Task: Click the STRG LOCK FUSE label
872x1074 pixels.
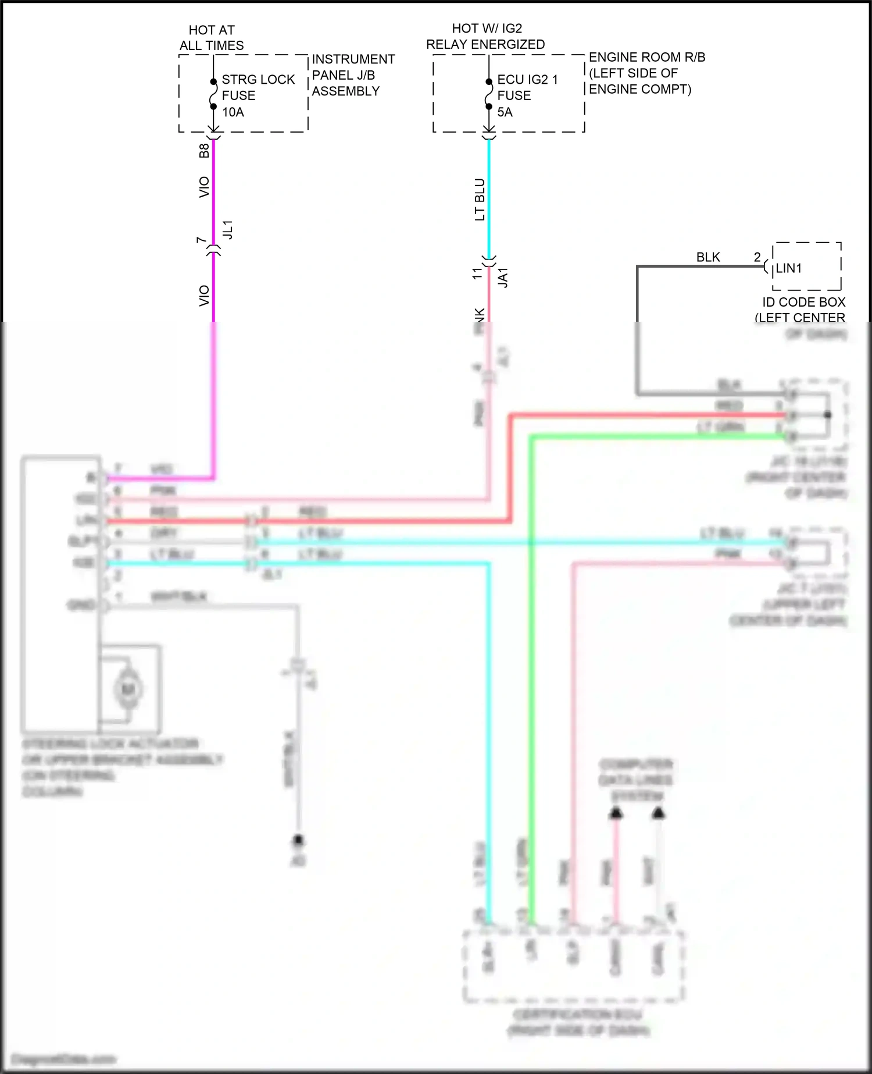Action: point(258,87)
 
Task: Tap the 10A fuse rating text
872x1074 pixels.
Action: point(233,112)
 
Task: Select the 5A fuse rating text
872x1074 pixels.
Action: point(505,112)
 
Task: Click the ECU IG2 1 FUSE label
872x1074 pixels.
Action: point(527,87)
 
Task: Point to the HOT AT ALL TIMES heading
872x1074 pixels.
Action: point(212,38)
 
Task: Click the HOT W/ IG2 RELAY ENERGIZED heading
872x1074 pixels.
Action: point(486,36)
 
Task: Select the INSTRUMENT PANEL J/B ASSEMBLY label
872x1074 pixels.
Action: point(353,75)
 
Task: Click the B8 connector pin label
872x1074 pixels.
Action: point(204,151)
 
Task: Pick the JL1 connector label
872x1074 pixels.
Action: point(228,229)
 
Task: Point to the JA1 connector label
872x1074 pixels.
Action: point(503,278)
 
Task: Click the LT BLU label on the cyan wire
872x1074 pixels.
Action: point(480,200)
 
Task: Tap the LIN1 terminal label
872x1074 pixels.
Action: point(789,268)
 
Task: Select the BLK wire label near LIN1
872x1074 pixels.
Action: point(708,257)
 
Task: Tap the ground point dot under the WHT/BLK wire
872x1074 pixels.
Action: point(298,840)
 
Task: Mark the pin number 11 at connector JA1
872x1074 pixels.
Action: point(477,273)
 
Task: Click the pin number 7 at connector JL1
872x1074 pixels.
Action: point(201,240)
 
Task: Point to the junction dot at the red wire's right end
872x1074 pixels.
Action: point(828,415)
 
